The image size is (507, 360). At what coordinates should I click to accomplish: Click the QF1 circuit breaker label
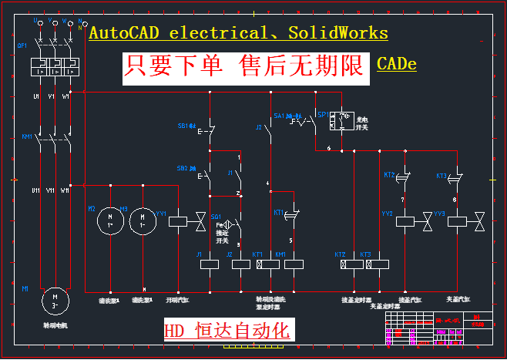pyautogui.click(x=22, y=45)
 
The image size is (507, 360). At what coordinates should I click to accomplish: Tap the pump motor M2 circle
pyautogui.click(x=109, y=221)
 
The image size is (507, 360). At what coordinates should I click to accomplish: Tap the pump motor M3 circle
pyautogui.click(x=143, y=221)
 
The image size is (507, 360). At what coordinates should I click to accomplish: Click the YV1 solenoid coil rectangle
pyautogui.click(x=178, y=221)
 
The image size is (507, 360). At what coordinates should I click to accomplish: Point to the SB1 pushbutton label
pyautogui.click(x=186, y=124)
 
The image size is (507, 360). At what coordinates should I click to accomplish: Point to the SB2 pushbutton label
pyautogui.click(x=185, y=167)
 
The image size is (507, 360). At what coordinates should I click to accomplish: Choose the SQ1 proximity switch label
pyautogui.click(x=216, y=217)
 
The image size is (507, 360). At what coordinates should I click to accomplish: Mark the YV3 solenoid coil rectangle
pyautogui.click(x=458, y=221)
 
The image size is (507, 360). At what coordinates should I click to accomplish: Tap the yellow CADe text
pyautogui.click(x=397, y=64)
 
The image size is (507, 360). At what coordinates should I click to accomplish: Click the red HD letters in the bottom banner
pyautogui.click(x=174, y=331)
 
